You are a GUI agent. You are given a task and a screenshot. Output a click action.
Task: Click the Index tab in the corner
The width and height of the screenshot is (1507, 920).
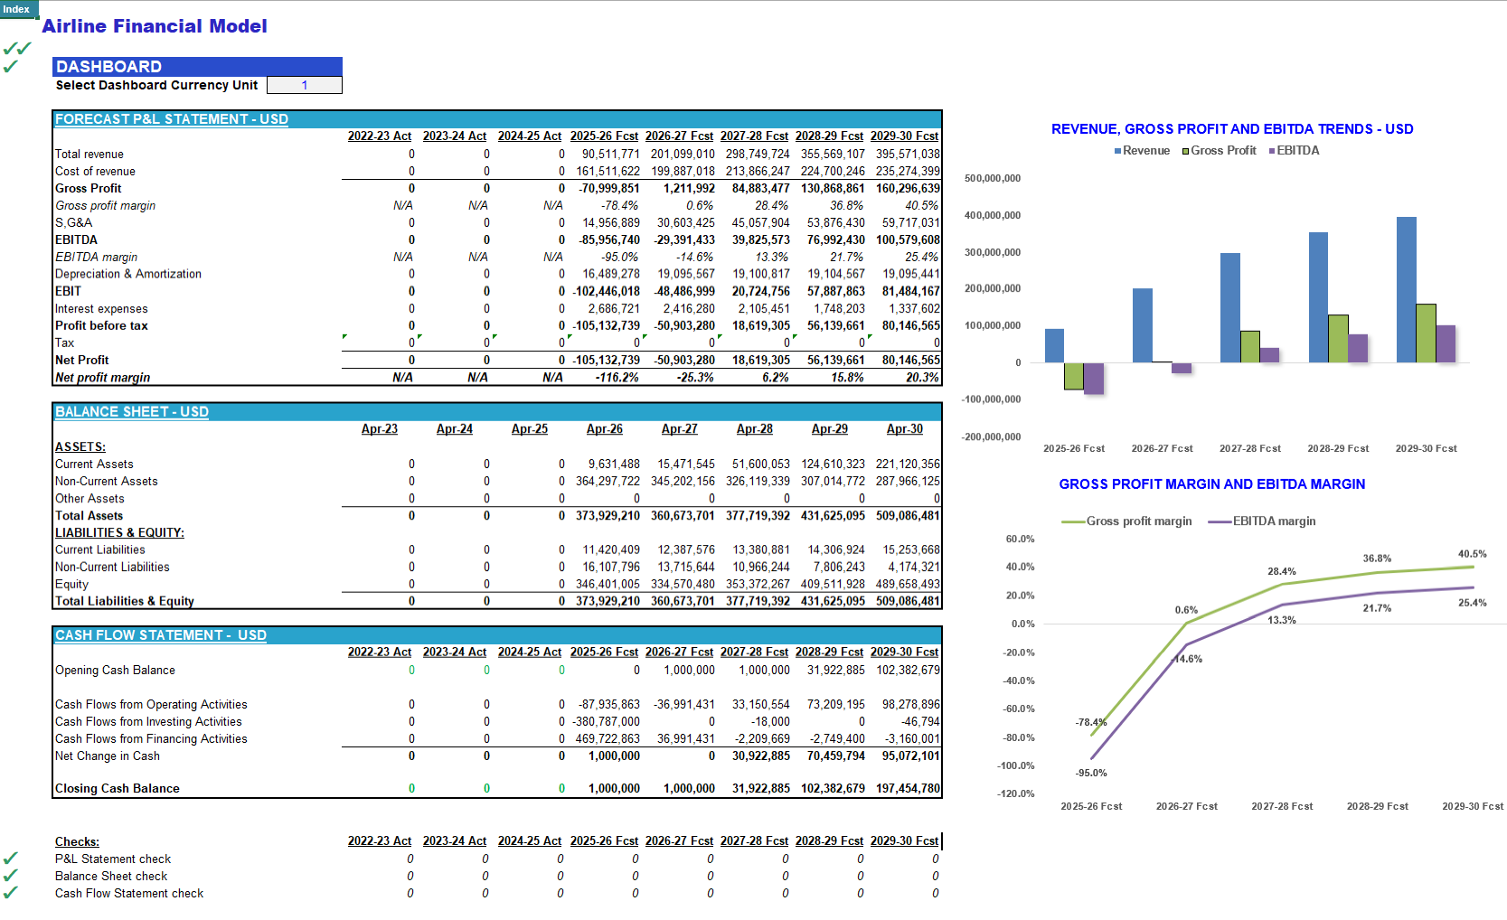pyautogui.click(x=16, y=9)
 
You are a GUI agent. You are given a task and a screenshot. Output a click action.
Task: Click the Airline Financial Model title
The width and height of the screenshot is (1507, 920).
pyautogui.click(x=154, y=26)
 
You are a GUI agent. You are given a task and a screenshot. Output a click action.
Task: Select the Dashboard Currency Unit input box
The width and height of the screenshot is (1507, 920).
pyautogui.click(x=304, y=85)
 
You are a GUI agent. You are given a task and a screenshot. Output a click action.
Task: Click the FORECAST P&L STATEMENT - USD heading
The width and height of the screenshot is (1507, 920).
pyautogui.click(x=172, y=119)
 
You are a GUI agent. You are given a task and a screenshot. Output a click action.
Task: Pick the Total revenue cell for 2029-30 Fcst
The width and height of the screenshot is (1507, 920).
pyautogui.click(x=908, y=154)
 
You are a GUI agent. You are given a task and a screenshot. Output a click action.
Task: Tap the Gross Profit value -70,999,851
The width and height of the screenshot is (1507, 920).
pyautogui.click(x=608, y=188)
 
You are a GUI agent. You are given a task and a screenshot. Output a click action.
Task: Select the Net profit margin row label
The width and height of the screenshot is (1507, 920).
pyautogui.click(x=102, y=377)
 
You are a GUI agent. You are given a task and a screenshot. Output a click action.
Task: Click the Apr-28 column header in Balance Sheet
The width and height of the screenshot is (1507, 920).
pyautogui.click(x=754, y=429)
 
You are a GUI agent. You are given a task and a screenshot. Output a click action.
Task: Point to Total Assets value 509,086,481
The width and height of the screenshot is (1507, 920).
pyautogui.click(x=908, y=516)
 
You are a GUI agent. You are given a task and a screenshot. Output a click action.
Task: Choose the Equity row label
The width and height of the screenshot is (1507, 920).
pyautogui.click(x=71, y=585)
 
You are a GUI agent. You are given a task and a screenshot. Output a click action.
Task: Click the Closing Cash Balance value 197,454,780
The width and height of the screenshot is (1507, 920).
pyautogui.click(x=908, y=788)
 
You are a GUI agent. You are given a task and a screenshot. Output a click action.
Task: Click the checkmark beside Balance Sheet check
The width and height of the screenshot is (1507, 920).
pyautogui.click(x=10, y=876)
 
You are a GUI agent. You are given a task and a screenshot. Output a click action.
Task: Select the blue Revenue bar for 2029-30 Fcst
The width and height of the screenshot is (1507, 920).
pyautogui.click(x=1406, y=290)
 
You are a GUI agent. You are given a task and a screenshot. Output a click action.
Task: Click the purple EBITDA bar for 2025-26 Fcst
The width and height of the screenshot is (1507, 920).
pyautogui.click(x=1093, y=379)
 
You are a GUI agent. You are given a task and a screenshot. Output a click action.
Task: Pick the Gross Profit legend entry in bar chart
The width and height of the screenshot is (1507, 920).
pyautogui.click(x=1219, y=151)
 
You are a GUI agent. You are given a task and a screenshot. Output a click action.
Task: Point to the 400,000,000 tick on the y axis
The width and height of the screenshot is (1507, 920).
pyautogui.click(x=993, y=215)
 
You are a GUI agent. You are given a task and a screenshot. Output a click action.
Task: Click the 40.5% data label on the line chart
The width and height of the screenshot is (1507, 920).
pyautogui.click(x=1472, y=554)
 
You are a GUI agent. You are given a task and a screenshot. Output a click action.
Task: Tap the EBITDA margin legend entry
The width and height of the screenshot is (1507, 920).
pyautogui.click(x=1261, y=521)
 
